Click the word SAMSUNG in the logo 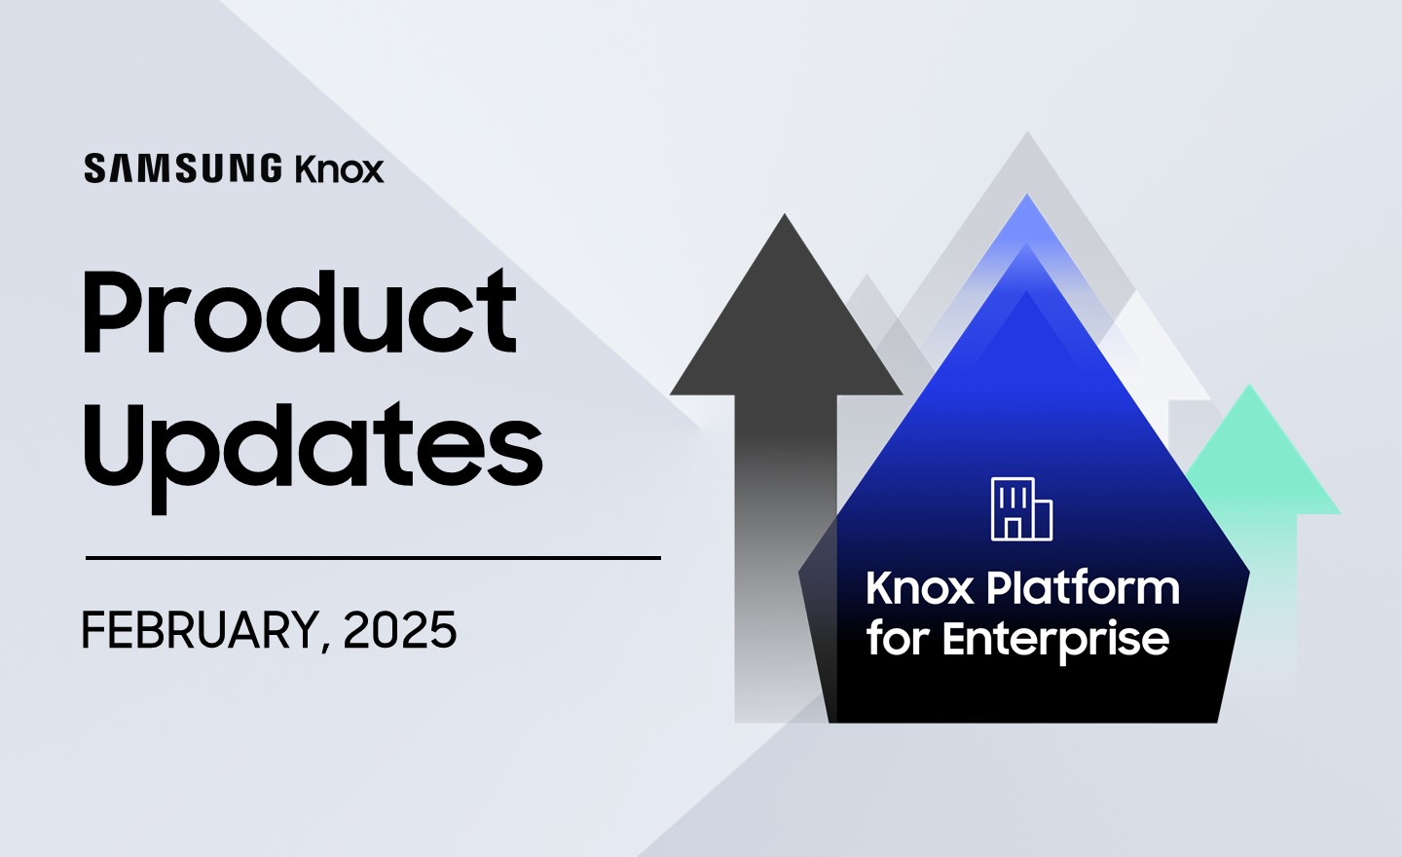coord(183,169)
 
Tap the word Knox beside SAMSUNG coord(339,168)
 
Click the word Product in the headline coord(300,311)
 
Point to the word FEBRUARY coord(200,630)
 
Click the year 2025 coord(400,630)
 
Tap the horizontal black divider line coord(373,557)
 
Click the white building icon coord(1021,509)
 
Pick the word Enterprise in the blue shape coord(1055,641)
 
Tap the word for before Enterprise coord(899,640)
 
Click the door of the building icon coord(1013,529)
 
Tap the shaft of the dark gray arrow coord(786,557)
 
